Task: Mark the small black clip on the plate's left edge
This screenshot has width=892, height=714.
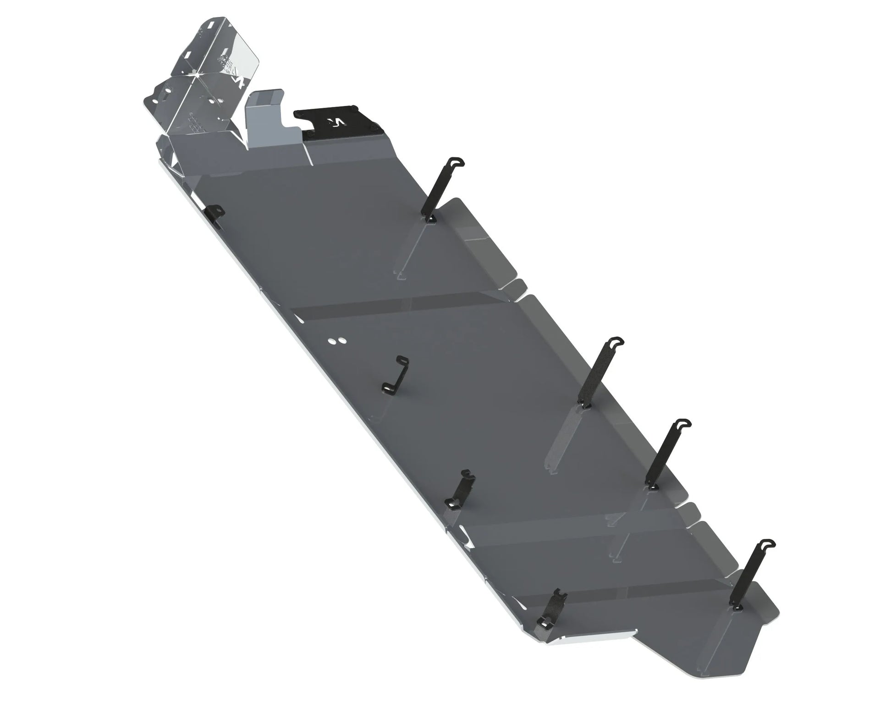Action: [214, 216]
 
